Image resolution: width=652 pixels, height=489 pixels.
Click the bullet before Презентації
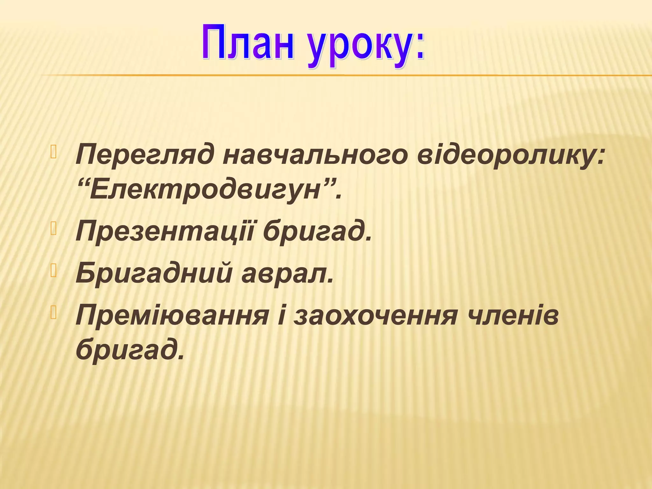point(53,229)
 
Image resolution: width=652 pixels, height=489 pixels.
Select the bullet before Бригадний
point(53,271)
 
